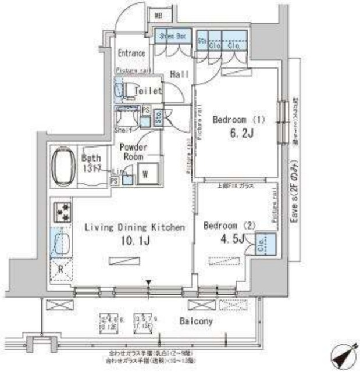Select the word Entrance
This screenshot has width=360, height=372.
[131, 53]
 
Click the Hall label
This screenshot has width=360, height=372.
[178, 74]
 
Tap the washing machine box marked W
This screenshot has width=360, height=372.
[145, 174]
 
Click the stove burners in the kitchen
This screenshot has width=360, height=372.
[62, 212]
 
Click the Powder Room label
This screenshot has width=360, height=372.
[134, 152]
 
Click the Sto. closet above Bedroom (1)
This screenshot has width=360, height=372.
[202, 42]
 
